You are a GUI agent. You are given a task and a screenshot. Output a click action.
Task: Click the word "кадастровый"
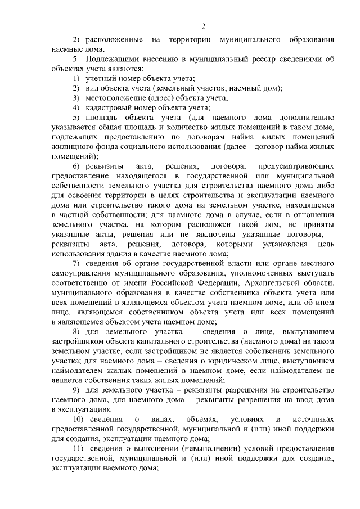[109, 107]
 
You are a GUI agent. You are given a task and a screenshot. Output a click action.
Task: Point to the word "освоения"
[76, 195]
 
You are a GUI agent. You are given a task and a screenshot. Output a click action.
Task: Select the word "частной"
[78, 215]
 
